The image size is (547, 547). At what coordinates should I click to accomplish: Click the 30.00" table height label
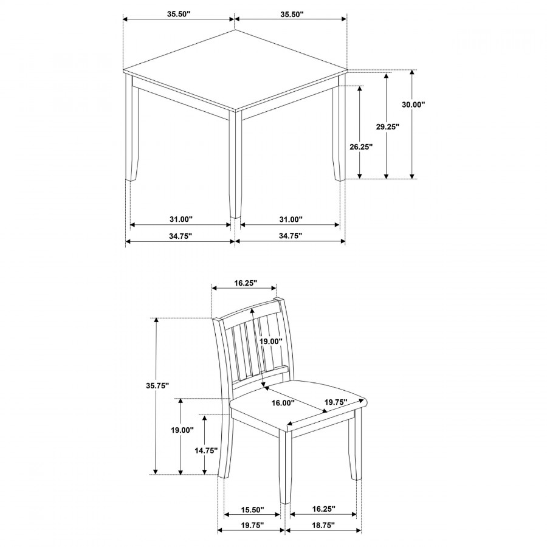(x=413, y=105)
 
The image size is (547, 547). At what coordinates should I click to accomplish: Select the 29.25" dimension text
(x=387, y=127)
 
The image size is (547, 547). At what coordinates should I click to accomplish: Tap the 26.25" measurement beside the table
(x=361, y=146)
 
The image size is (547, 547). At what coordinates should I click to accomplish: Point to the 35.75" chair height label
(x=157, y=385)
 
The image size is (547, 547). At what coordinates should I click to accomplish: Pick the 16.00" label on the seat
(x=283, y=403)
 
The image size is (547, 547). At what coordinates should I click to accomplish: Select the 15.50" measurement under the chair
(x=252, y=509)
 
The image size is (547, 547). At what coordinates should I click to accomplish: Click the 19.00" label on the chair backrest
(x=271, y=342)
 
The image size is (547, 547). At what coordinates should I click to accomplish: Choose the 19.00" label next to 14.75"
(x=181, y=430)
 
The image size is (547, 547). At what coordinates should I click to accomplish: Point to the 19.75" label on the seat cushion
(x=335, y=402)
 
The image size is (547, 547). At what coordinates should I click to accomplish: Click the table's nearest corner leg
(x=235, y=164)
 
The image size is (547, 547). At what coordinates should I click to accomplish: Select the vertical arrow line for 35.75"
(x=157, y=425)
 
